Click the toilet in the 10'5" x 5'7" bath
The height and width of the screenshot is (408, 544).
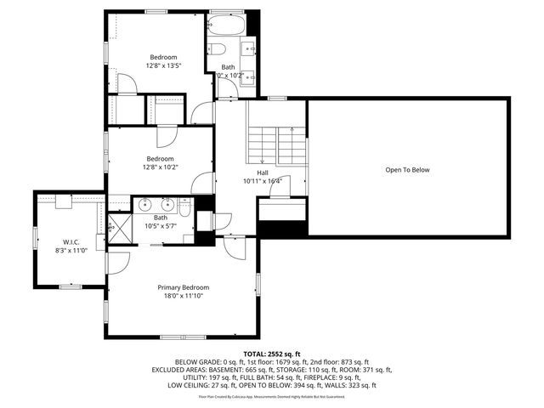pyautogui.click(x=184, y=207)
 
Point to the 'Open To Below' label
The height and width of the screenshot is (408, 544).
pyautogui.click(x=407, y=170)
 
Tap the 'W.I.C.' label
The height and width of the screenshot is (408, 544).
pyautogui.click(x=70, y=241)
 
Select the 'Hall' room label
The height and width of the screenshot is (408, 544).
pyautogui.click(x=263, y=173)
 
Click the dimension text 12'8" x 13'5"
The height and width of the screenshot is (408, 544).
pyautogui.click(x=164, y=66)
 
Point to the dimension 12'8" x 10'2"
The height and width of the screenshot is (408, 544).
pyautogui.click(x=160, y=167)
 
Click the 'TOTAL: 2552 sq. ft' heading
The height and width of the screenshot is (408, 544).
pyautogui.click(x=272, y=353)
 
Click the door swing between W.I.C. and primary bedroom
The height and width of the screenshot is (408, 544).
pyautogui.click(x=120, y=261)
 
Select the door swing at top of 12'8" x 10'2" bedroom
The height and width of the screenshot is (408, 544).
pyautogui.click(x=167, y=136)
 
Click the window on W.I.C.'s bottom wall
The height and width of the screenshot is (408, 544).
pyautogui.click(x=70, y=287)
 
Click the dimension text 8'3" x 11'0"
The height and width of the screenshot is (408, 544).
pyautogui.click(x=71, y=251)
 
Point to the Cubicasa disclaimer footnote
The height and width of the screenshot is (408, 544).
pyautogui.click(x=272, y=396)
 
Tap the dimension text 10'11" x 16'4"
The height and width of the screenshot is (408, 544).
pyautogui.click(x=263, y=181)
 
